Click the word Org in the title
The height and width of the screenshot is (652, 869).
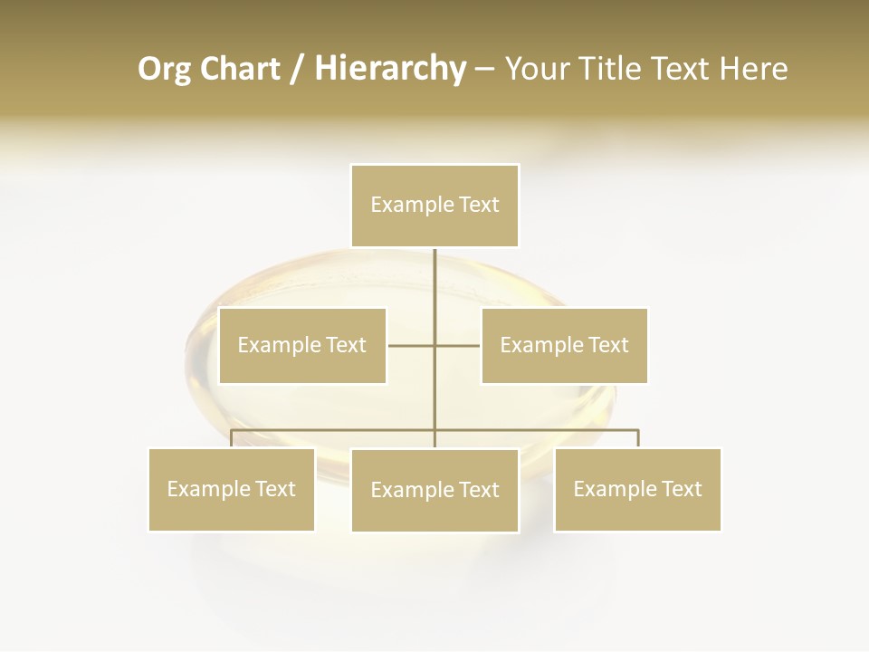(166, 69)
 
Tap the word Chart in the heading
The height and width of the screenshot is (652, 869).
(238, 69)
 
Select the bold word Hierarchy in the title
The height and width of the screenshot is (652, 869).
(390, 69)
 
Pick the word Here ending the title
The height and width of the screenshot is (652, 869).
(753, 69)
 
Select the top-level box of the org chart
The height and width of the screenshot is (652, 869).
(434, 206)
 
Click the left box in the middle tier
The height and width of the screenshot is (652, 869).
(302, 345)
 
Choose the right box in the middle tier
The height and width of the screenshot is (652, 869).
(564, 345)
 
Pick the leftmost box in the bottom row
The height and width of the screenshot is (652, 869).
(231, 489)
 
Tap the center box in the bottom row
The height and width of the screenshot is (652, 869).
(434, 490)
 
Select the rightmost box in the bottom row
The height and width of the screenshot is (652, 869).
(637, 489)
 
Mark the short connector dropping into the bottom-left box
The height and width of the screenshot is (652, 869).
(232, 438)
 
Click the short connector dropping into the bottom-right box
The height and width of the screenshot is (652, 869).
(638, 438)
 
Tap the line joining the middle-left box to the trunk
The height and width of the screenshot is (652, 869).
(411, 345)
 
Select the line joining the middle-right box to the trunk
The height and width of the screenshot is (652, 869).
(458, 345)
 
